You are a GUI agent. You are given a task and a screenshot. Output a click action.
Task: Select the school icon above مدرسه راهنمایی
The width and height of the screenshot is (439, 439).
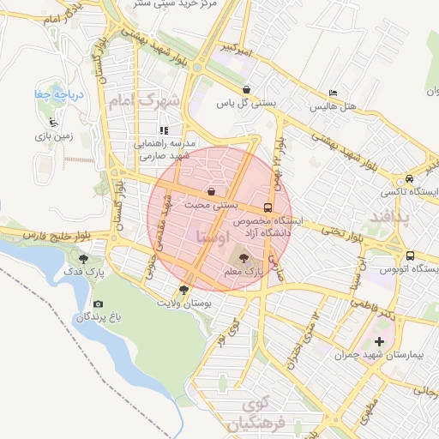coord(163,130)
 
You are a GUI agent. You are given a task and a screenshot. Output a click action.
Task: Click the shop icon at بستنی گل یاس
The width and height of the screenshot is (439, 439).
coord(246,89)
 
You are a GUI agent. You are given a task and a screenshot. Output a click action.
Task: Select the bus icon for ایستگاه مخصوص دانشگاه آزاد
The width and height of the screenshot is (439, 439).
coord(268,207)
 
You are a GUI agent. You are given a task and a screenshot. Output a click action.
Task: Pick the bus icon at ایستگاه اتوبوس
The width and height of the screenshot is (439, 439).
coord(411,256)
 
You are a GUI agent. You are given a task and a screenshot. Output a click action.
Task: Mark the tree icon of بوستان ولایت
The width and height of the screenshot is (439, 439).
coord(183,290)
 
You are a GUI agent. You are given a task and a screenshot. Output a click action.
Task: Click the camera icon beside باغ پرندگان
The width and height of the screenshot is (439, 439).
coord(99,304)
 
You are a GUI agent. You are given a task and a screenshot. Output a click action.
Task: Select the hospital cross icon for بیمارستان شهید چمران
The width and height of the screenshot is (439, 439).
coord(380,342)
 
